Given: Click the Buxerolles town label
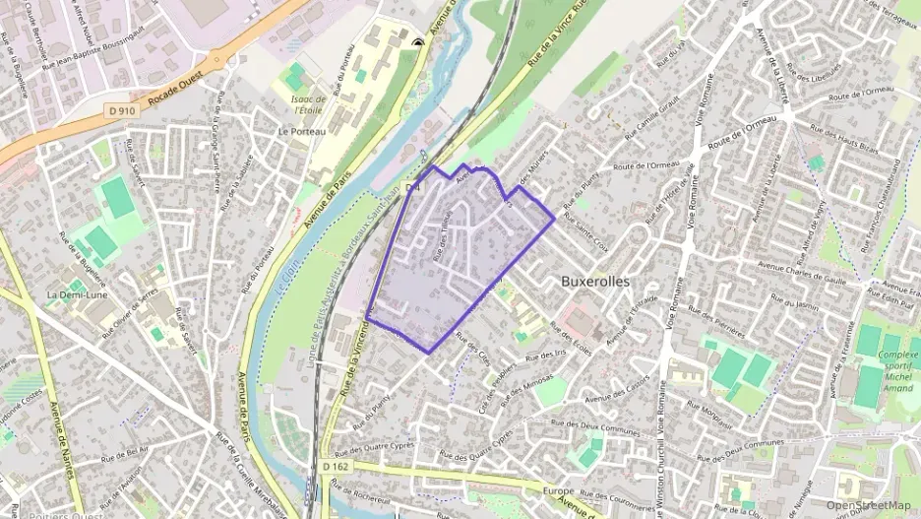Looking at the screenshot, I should pyautogui.click(x=608, y=280).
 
